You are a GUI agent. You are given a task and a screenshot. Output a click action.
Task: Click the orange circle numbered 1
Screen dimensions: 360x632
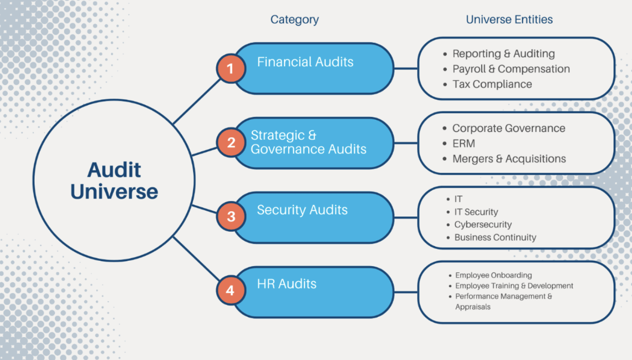[230, 69]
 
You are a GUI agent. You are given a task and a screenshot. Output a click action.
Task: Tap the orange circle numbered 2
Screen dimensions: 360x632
[231, 143]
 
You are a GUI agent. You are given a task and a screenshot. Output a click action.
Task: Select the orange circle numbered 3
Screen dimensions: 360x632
[231, 216]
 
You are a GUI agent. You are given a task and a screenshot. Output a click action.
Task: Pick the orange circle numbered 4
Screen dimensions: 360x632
[230, 291]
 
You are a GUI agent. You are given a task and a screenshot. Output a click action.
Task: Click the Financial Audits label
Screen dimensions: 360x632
[305, 62]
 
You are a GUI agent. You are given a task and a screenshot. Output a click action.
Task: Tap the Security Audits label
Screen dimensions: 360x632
[302, 210]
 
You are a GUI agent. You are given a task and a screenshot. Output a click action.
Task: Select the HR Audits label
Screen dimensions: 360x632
[286, 284]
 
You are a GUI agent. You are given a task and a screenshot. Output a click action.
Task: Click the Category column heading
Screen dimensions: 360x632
[295, 20]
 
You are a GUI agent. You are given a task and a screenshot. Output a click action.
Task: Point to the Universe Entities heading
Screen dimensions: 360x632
[509, 20]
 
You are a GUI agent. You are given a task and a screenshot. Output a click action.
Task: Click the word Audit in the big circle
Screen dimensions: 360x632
[114, 170]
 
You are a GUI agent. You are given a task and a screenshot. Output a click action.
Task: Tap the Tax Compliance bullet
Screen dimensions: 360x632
[492, 84]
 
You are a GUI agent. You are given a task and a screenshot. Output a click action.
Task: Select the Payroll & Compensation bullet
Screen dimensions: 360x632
[510, 69]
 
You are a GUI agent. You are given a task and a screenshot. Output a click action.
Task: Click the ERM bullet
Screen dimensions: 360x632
[463, 144]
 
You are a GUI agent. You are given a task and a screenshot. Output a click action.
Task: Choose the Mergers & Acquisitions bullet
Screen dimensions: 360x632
[509, 159]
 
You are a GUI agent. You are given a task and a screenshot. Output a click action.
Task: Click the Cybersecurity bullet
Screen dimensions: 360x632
[482, 225]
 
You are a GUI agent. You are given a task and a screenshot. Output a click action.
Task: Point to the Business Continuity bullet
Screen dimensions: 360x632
[495, 237]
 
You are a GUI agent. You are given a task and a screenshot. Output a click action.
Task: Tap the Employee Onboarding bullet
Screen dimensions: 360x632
[493, 275]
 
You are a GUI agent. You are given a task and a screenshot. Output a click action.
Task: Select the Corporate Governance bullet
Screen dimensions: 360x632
[508, 128]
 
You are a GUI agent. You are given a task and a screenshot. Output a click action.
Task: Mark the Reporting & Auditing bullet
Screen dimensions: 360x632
[503, 54]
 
